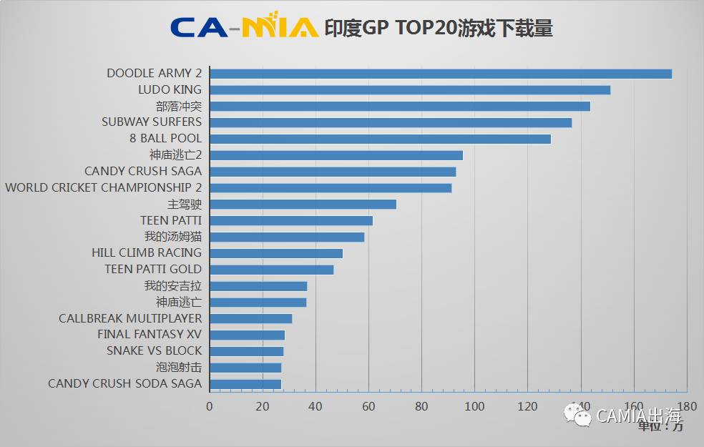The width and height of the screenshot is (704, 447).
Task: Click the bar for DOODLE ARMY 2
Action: pos(440,74)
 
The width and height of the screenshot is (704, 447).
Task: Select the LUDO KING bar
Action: pos(409,90)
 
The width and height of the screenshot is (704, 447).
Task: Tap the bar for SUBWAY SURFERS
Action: pos(390,122)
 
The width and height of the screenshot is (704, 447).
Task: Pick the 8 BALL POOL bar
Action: pos(380,139)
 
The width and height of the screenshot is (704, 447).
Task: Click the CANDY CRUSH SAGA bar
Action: pos(332,172)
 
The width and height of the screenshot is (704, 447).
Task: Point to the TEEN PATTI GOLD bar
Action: pos(271,270)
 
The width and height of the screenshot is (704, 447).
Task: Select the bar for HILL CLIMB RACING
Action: pos(275,253)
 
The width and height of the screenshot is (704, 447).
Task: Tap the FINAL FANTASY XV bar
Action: pos(247,335)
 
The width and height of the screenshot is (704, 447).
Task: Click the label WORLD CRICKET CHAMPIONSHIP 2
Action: pos(104,187)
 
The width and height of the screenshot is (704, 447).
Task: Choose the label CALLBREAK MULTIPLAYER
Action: pos(130,318)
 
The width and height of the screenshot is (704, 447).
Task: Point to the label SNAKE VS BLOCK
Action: pos(154,350)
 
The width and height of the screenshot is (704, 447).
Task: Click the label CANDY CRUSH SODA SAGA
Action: pos(124,383)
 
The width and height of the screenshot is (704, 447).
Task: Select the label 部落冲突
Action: pos(178,106)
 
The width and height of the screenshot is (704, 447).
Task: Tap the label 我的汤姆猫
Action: pos(172,237)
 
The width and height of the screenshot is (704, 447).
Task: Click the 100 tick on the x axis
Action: pos(474,406)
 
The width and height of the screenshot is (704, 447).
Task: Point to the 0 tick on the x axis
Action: pos(210,406)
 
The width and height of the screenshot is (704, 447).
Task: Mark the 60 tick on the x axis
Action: pos(368,406)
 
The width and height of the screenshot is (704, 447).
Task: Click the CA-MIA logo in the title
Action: pos(244,27)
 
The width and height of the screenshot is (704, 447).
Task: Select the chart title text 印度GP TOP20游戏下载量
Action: pos(438,28)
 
